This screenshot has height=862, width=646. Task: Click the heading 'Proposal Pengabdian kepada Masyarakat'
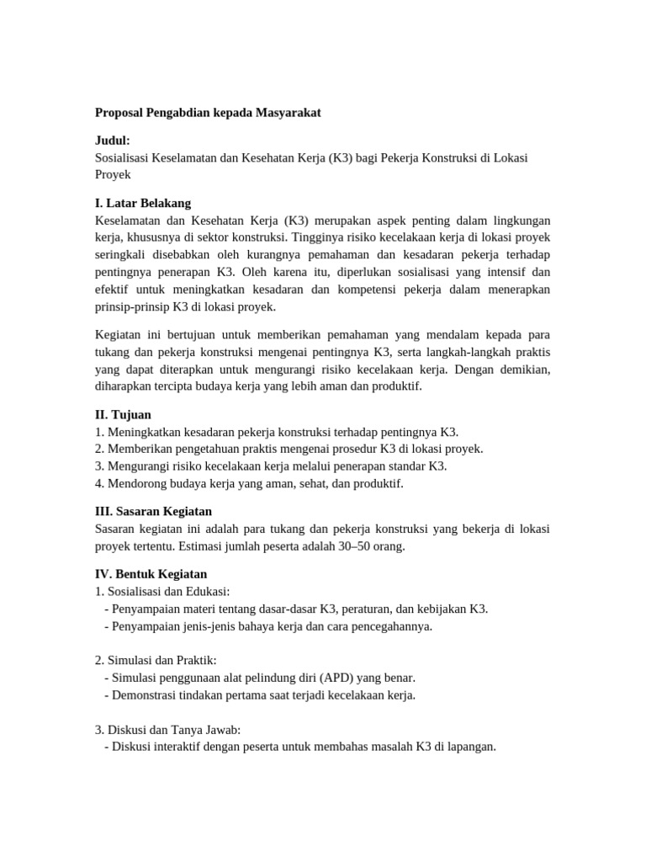[x=208, y=113]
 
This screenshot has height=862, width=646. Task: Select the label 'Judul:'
[x=112, y=141]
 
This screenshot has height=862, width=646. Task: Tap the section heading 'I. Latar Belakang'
[x=143, y=203]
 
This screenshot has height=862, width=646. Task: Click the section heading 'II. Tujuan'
[x=123, y=414]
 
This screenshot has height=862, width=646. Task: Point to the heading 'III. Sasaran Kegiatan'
[x=153, y=511]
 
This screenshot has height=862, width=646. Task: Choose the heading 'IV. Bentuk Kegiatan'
[x=151, y=573]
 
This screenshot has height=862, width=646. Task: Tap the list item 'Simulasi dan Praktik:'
[x=162, y=660]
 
